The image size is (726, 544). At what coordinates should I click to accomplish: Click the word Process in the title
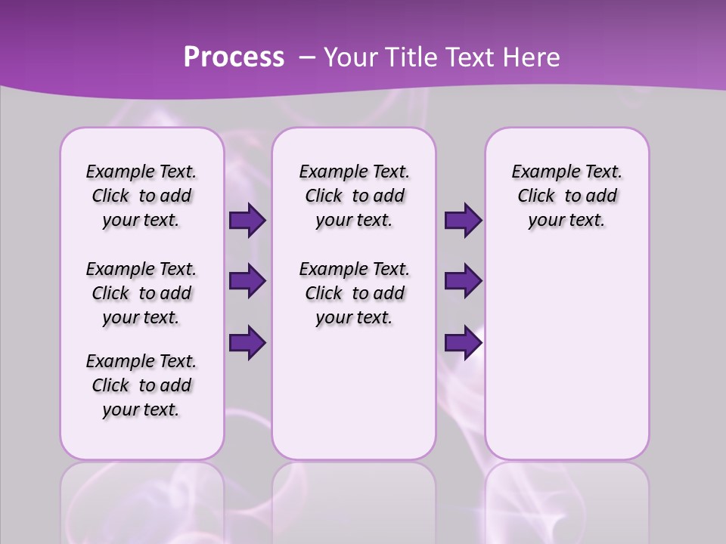(234, 57)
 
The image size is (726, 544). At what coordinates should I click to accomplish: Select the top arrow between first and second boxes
(247, 220)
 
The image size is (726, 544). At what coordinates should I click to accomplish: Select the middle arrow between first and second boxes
(247, 281)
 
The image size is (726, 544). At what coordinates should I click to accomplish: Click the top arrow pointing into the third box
(463, 220)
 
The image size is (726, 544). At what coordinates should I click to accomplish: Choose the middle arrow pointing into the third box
(463, 281)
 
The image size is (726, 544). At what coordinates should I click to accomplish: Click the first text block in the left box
(141, 196)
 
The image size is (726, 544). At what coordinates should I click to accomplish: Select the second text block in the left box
(141, 293)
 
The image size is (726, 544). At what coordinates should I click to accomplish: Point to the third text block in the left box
(141, 385)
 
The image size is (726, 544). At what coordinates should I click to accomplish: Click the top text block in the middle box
(354, 196)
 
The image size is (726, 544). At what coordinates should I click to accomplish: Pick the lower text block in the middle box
(354, 293)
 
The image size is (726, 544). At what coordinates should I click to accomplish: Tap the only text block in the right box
(566, 196)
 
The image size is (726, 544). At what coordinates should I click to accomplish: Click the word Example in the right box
(539, 172)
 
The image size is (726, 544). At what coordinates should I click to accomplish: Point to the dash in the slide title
(307, 57)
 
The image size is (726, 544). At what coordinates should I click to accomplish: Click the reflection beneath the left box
(141, 499)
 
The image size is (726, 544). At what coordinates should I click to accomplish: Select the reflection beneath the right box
(566, 499)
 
